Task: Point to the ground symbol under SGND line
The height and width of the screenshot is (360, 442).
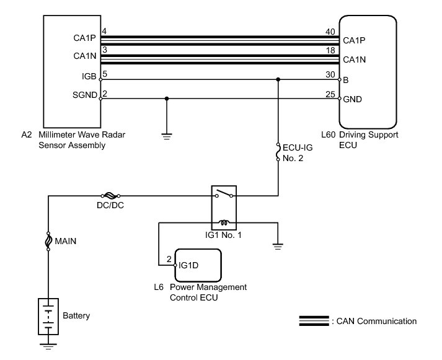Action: click(x=167, y=135)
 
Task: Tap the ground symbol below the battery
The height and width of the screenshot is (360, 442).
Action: click(x=48, y=344)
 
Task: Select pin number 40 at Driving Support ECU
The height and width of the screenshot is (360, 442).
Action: click(x=329, y=32)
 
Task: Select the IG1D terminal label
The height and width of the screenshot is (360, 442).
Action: click(x=188, y=266)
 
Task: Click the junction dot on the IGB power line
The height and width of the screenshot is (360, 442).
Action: click(x=278, y=79)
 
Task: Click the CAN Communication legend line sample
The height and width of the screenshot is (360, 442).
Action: click(x=314, y=321)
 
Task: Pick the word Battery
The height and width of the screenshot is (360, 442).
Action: click(x=76, y=316)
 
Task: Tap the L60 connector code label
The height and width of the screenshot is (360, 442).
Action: click(x=346, y=134)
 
